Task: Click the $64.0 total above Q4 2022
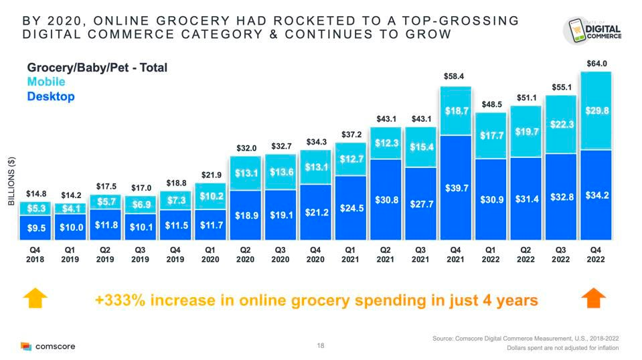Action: click(596, 64)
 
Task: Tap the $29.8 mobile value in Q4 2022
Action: click(596, 111)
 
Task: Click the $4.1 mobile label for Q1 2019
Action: click(71, 208)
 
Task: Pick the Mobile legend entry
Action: click(46, 82)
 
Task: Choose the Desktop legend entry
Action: click(50, 96)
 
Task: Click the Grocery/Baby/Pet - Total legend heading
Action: click(97, 68)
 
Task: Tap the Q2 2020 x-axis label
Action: click(246, 255)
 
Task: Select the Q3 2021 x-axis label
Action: click(420, 255)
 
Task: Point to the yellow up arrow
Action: click(36, 298)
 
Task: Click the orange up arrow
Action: click(594, 298)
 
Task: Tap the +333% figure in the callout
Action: click(122, 300)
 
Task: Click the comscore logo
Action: click(48, 346)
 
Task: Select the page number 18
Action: click(321, 346)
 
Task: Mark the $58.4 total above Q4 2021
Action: click(455, 77)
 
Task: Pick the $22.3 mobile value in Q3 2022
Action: click(561, 124)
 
